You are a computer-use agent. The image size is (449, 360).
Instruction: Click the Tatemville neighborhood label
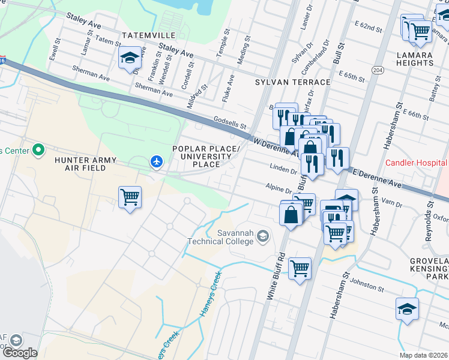tap(148, 35)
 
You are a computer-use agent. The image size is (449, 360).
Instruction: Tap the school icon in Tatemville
tap(130, 58)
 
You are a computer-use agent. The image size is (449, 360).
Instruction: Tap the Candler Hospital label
tap(416, 163)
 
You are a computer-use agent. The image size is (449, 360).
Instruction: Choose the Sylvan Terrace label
tap(292, 82)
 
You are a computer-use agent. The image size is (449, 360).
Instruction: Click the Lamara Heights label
tap(423, 59)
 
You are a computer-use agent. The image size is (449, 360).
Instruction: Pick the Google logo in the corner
tap(20, 353)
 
